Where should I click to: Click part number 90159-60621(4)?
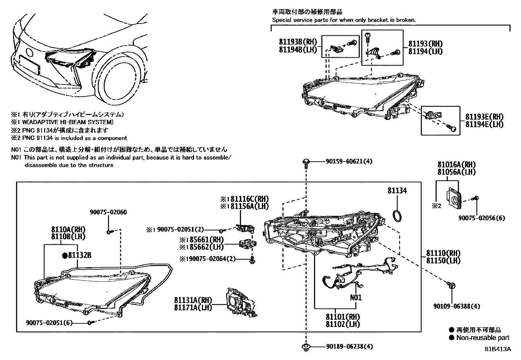[349, 161]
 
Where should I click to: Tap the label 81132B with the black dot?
[77, 255]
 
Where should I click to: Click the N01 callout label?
[355, 297]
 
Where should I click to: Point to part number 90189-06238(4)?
[349, 347]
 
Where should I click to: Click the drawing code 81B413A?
[498, 349]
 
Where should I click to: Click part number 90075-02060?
[108, 212]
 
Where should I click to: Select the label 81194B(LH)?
[298, 49]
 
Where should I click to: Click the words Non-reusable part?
[483, 338]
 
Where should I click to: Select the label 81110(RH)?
[443, 253]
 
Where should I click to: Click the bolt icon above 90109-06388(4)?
[451, 286]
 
